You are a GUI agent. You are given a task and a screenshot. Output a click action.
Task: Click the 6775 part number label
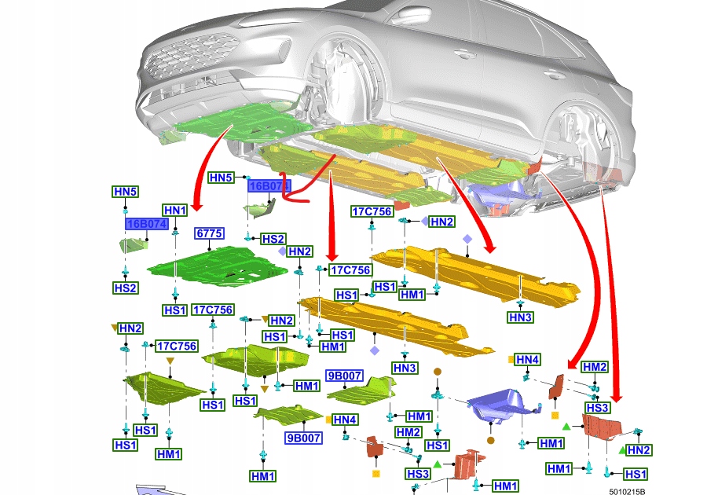pyautogui.click(x=210, y=234)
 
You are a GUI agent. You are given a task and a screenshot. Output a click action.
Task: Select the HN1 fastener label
pyautogui.click(x=175, y=211)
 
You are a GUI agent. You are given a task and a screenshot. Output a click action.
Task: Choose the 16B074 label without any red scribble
pyautogui.click(x=147, y=224)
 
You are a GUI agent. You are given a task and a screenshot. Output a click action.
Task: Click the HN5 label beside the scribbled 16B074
pyautogui.click(x=221, y=178)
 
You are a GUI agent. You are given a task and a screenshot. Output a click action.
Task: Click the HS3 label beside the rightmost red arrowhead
pyautogui.click(x=597, y=408)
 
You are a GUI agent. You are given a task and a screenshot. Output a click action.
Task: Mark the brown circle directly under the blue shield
pyautogui.click(x=491, y=441)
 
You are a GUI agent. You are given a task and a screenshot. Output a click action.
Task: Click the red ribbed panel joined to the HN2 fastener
pyautogui.click(x=603, y=428)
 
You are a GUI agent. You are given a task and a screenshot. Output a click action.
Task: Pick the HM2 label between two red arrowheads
pyautogui.click(x=595, y=367)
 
